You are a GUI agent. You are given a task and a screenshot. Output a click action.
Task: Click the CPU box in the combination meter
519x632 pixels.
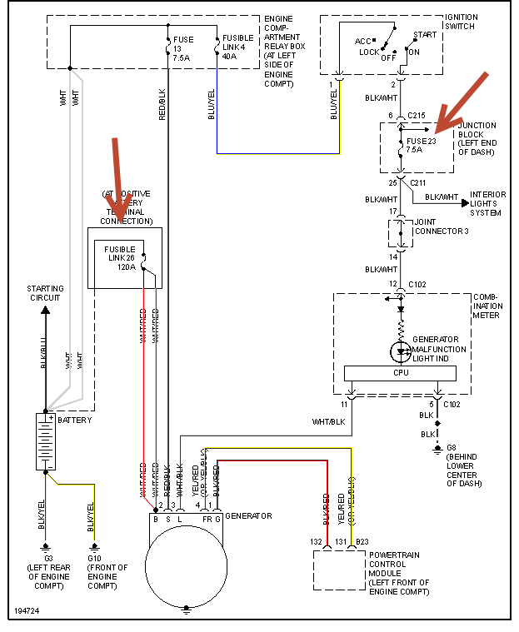click(x=401, y=373)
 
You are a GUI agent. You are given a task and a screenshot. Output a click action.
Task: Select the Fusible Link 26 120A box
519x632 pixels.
click(x=125, y=258)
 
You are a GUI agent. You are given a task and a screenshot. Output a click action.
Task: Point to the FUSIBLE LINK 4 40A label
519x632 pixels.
click(x=240, y=49)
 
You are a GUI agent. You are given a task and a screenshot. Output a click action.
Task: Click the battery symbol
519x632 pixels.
click(x=45, y=440)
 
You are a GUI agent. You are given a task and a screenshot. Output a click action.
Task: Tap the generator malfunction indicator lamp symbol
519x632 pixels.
click(x=401, y=350)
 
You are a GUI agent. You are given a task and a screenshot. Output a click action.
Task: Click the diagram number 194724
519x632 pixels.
click(x=27, y=611)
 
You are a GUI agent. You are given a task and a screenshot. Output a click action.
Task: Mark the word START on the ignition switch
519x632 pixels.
click(x=425, y=35)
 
